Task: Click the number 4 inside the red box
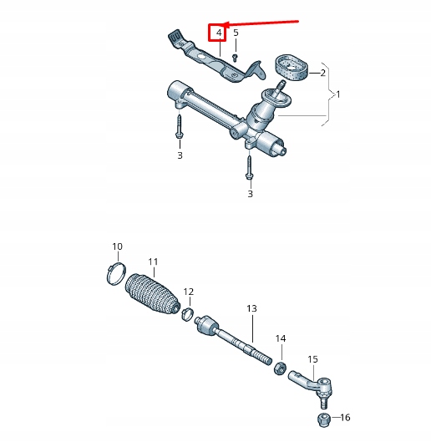coord(218,33)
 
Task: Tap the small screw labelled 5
coord(236,57)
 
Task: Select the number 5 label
coord(236,33)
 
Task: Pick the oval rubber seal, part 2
coord(292,67)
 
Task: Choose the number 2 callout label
coord(322,74)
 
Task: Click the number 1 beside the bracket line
coord(337,95)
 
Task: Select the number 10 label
coord(117,246)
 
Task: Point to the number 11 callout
coord(152,262)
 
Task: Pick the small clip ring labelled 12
coord(190,314)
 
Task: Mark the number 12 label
coord(189,292)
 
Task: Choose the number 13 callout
coord(251,309)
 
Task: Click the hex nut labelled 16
coord(322,417)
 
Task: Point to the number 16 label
coord(346,418)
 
